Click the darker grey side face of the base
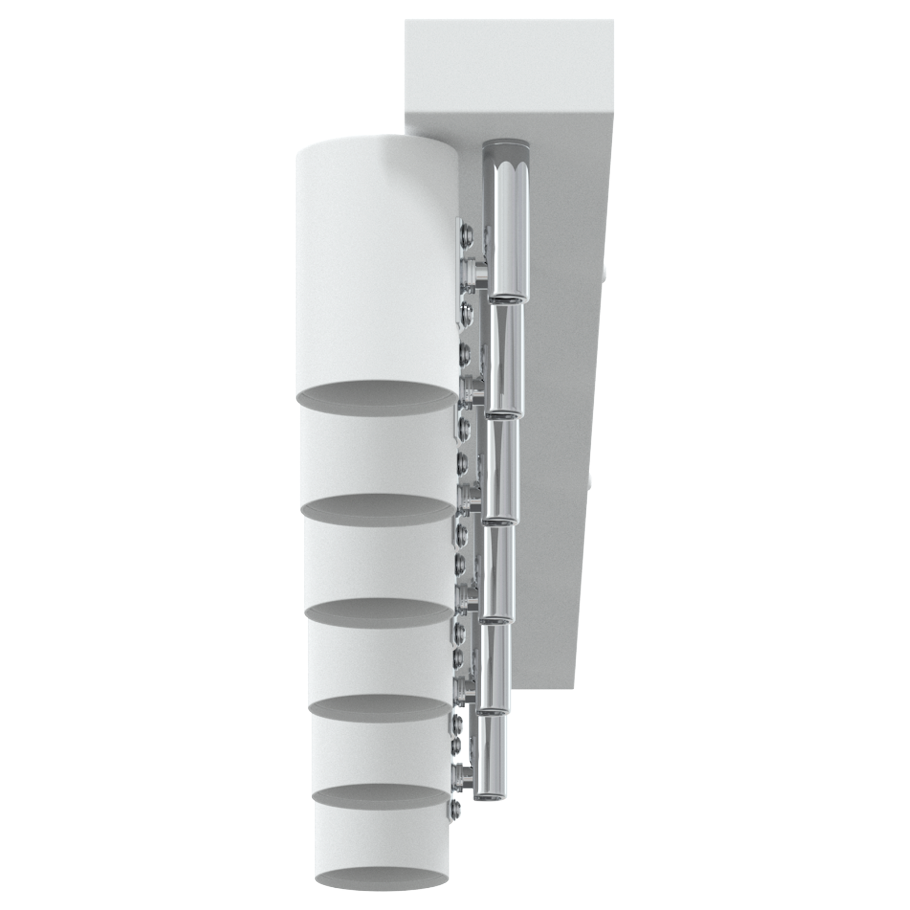pos(563,398)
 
